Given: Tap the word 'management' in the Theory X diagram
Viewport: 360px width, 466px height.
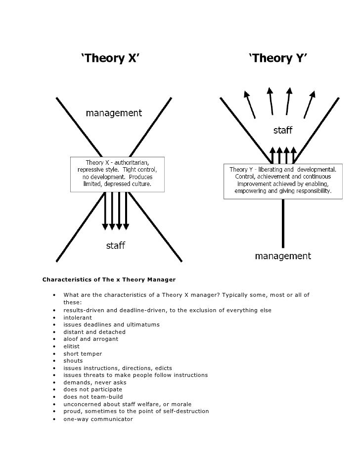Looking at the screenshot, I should click(x=114, y=113).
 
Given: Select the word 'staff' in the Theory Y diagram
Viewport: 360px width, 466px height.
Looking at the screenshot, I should click(x=283, y=131).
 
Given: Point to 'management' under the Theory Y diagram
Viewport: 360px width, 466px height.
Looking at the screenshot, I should click(x=283, y=256).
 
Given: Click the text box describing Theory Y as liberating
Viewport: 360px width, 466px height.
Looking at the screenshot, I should click(x=283, y=180).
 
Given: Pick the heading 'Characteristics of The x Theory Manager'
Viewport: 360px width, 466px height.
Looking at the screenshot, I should click(x=109, y=280).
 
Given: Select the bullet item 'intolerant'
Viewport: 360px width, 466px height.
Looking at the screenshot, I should click(x=78, y=318).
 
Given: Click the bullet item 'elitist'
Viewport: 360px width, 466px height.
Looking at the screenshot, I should click(x=71, y=346).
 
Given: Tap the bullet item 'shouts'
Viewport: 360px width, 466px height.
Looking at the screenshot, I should click(x=73, y=361).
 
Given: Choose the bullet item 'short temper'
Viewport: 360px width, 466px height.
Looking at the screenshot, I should click(x=83, y=354).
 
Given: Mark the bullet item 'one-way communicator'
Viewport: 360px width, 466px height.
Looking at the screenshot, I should click(x=98, y=419).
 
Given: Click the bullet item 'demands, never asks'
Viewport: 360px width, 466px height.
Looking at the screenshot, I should click(x=94, y=382).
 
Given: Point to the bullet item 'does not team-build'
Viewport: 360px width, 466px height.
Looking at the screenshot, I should click(x=93, y=397).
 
